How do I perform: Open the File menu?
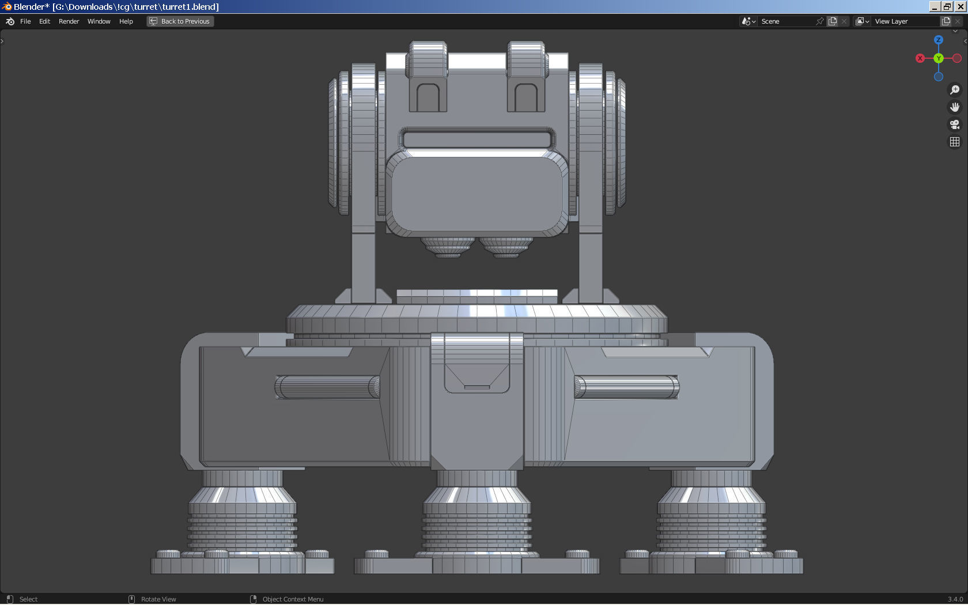point(25,21)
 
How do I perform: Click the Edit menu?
point(44,21)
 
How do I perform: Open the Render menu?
point(69,21)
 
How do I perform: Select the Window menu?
point(99,21)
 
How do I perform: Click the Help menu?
point(126,21)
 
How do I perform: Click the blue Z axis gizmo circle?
point(939,40)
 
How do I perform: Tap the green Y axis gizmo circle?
point(939,58)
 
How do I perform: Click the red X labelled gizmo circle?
point(920,58)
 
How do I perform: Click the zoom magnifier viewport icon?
point(955,90)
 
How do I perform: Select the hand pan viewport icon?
point(955,107)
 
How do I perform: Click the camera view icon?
point(955,124)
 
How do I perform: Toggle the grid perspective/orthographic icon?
point(955,142)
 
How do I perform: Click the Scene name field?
point(786,21)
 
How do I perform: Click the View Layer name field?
point(905,21)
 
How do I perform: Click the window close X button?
point(961,6)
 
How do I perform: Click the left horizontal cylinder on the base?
point(327,387)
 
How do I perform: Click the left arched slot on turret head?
point(428,97)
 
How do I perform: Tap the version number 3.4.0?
point(955,599)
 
